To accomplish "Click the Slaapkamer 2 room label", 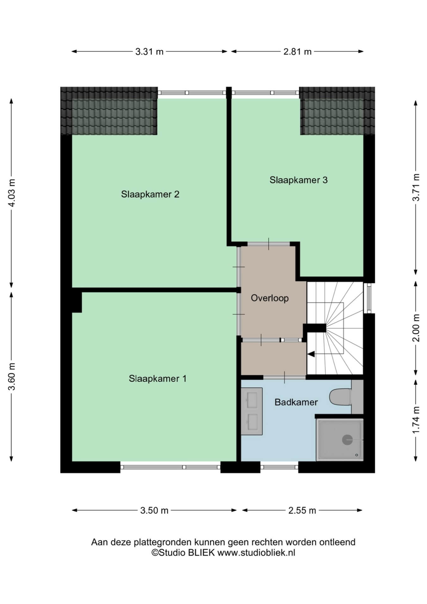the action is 150,194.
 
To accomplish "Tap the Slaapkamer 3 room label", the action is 298,180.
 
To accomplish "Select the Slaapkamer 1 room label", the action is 158,378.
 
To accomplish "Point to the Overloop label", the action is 270,298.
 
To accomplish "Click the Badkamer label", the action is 296,402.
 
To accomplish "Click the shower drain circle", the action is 347,440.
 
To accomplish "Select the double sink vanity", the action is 252,411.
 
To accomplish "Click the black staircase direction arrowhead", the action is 311,354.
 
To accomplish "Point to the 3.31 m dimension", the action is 149,52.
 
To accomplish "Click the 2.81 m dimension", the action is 297,52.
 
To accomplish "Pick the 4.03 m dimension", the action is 12,193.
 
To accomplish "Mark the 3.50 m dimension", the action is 154,510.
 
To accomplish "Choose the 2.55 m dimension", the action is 302,510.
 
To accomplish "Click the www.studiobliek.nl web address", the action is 256,553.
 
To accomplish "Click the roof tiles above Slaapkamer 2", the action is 109,111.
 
